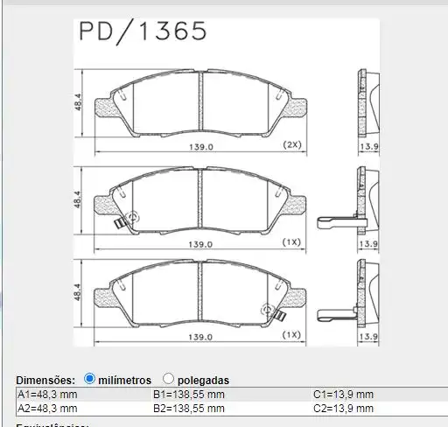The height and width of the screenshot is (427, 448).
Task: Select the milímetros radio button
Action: [89, 379]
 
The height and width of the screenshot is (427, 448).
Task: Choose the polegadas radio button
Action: [168, 379]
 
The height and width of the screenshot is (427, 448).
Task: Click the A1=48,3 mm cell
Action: [48, 395]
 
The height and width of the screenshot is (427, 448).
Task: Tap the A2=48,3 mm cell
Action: [48, 408]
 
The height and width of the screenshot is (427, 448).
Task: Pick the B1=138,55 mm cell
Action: [188, 395]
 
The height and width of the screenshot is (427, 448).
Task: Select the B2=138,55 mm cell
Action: [188, 408]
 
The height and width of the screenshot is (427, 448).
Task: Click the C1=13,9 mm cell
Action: [343, 395]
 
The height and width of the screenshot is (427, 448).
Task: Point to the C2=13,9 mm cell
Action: [343, 408]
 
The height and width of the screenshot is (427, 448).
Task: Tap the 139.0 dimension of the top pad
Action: [203, 148]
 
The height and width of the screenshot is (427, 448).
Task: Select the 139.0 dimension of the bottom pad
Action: [203, 337]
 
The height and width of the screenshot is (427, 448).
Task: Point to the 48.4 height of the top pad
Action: [78, 104]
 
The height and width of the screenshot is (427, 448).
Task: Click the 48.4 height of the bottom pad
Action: [78, 292]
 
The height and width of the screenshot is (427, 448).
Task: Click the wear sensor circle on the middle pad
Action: [133, 217]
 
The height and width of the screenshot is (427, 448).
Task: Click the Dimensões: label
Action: [45, 380]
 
